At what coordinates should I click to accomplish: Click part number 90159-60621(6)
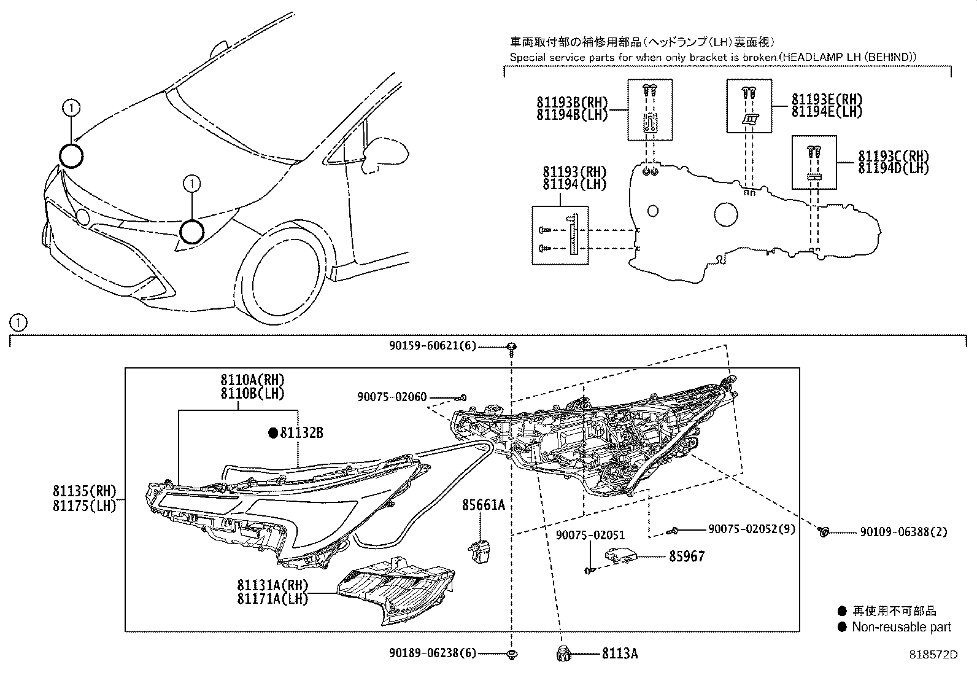pos(432,346)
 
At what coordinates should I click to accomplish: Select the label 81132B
pos(301,433)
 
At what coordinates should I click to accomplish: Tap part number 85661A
pos(484,505)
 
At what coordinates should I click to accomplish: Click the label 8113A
pos(619,654)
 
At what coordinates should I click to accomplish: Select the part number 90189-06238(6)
pos(432,654)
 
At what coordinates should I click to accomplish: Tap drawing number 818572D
pos(933,655)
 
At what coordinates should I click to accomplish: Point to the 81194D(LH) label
pos(893,168)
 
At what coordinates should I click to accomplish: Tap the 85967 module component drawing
pos(620,555)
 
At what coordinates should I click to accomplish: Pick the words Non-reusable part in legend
pos(901,627)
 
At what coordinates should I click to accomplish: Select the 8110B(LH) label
pos(253,393)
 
